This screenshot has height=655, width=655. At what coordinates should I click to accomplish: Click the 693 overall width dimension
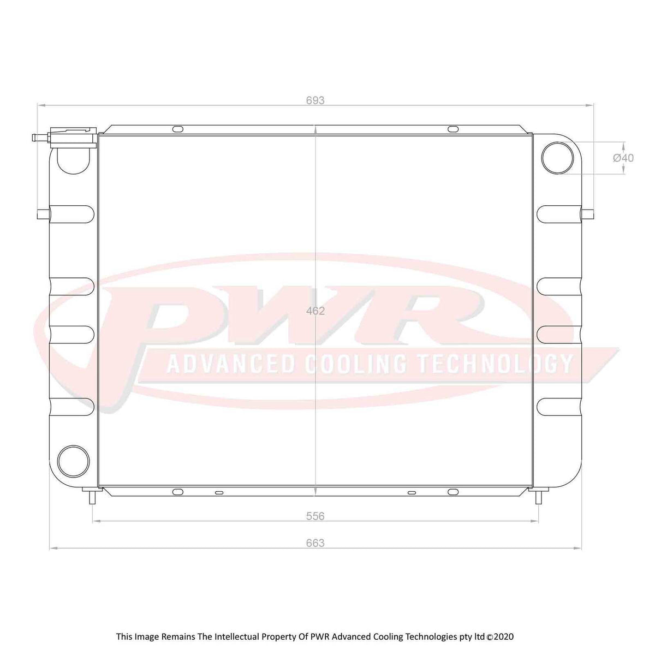315,100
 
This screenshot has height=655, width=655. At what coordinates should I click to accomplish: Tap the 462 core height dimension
316,311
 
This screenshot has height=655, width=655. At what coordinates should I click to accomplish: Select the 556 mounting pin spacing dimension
315,516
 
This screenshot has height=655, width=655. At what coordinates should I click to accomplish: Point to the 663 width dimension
315,543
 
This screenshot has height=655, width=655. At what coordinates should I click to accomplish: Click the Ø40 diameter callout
623,158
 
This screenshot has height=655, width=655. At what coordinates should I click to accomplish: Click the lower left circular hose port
73,460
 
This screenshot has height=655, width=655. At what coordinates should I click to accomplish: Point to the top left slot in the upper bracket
178,129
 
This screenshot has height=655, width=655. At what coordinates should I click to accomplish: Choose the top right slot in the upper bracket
453,129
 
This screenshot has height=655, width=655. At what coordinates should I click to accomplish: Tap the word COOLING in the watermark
355,364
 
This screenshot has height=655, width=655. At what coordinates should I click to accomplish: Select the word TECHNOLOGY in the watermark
494,364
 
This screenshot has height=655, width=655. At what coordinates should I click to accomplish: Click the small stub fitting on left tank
43,212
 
